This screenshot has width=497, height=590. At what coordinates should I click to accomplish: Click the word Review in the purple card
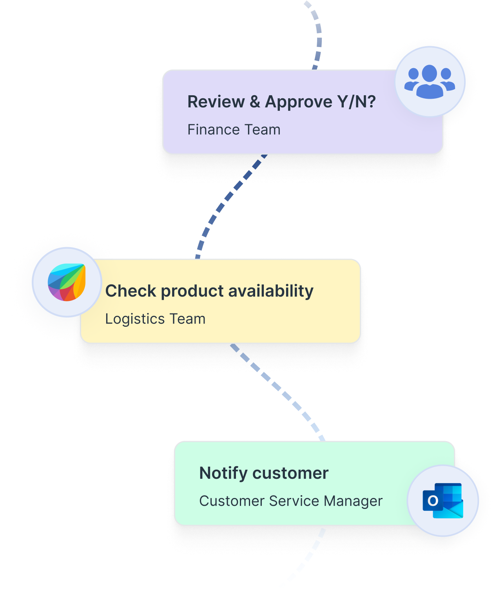click(x=216, y=102)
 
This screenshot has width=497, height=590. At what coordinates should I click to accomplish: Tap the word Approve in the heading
click(x=299, y=102)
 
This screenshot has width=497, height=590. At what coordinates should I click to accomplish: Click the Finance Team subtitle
click(x=234, y=130)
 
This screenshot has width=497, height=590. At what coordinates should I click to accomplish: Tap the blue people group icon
click(x=430, y=81)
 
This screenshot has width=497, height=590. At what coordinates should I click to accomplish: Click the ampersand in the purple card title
click(x=255, y=102)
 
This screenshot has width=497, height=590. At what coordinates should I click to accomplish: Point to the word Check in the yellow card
click(x=131, y=291)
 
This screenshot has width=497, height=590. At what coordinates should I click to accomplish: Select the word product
click(x=192, y=291)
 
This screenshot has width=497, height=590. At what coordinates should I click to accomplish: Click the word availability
click(x=271, y=291)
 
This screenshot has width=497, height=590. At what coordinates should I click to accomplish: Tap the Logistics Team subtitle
click(x=155, y=319)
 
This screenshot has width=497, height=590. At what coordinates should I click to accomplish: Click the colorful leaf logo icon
click(x=67, y=282)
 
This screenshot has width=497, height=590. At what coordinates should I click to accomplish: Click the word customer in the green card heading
click(x=290, y=473)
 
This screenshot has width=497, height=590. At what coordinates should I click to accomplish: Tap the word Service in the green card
click(x=294, y=501)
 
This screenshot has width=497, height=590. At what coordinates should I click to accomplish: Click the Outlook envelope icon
click(x=443, y=501)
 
